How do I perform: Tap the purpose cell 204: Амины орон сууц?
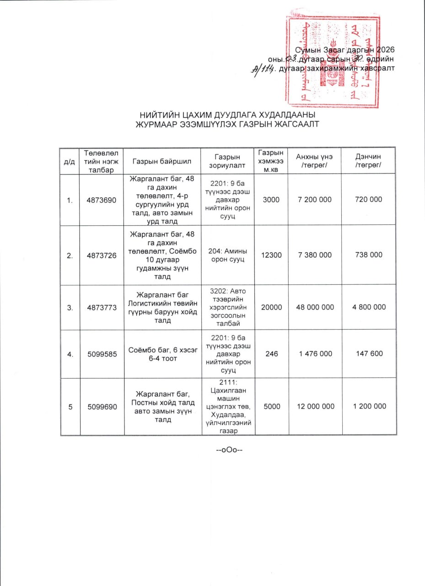(227, 255)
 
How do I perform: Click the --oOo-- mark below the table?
(228, 449)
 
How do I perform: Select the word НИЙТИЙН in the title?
(157, 115)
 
